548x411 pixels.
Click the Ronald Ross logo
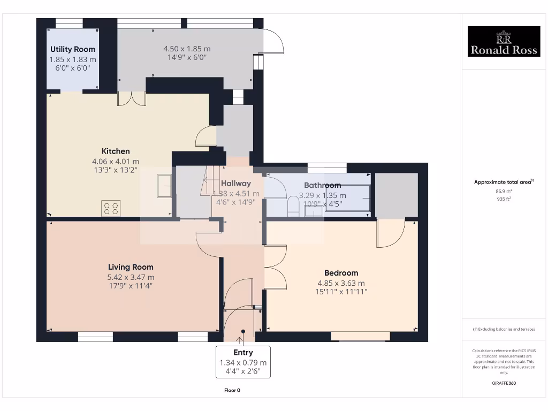504,42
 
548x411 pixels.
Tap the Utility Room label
73,49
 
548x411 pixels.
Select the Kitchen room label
116,151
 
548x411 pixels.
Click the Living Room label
131,267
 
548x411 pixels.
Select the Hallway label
236,183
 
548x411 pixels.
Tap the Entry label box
243,362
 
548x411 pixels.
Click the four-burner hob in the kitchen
111,208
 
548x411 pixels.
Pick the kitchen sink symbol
164,185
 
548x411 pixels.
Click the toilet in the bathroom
293,206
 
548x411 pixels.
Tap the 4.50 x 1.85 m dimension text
187,49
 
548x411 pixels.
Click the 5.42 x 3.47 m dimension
131,277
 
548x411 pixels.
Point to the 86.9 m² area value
503,191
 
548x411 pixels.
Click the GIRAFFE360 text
503,383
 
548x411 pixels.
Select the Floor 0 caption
232,390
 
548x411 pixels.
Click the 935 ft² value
503,199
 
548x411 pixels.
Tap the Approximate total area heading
503,182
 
